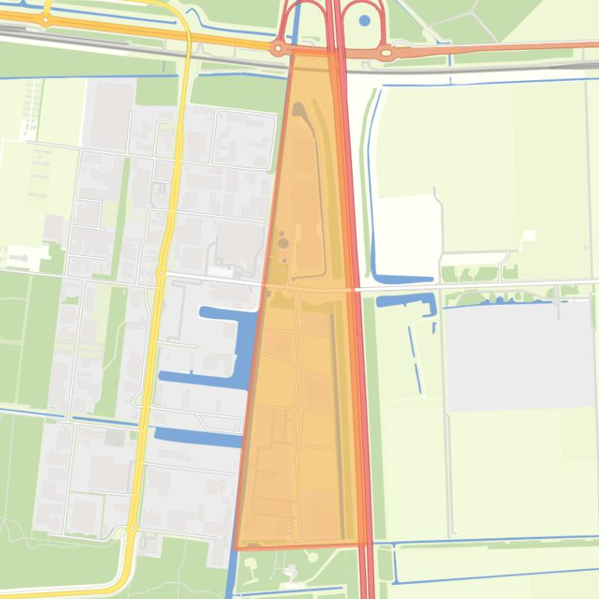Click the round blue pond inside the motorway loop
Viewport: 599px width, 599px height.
click(x=365, y=21)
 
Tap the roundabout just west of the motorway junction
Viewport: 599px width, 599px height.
click(x=279, y=49)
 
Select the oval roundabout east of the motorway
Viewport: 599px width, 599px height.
click(x=386, y=53)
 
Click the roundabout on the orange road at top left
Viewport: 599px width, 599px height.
click(x=45, y=19)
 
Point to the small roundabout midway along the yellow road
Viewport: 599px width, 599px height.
click(x=160, y=273)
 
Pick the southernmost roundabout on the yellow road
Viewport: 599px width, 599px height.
click(x=131, y=529)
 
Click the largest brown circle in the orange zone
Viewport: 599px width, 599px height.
click(x=283, y=243)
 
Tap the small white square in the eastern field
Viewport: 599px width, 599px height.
click(x=529, y=235)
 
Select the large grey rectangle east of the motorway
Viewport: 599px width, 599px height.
click(x=519, y=356)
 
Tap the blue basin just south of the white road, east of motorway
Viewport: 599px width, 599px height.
click(x=405, y=300)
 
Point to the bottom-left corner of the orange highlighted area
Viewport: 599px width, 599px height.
click(x=236, y=548)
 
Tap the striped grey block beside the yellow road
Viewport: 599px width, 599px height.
click(x=115, y=437)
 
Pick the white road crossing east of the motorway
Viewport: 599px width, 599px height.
click(x=483, y=285)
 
